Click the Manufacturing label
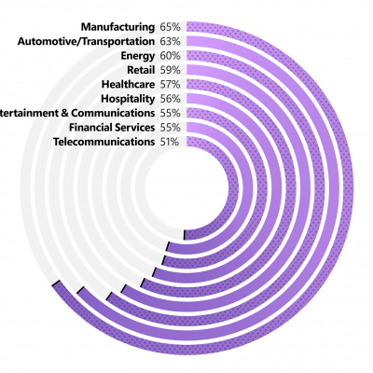coord(117,27)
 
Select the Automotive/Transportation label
coord(87,41)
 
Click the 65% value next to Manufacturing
coord(171,27)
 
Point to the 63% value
coord(171,41)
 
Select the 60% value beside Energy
coord(171,56)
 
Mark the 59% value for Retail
coord(171,70)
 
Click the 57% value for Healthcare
coord(171,84)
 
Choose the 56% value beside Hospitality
coord(171,98)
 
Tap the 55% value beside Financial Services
coord(171,127)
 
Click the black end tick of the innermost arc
coord(185,233)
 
